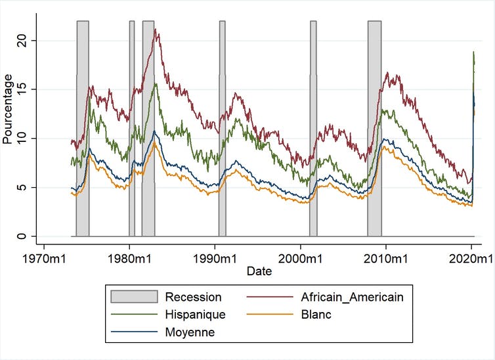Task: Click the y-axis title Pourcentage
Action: (x=7, y=109)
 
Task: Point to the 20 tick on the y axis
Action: (x=23, y=41)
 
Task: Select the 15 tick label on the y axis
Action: (x=23, y=89)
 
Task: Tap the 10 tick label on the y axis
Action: (x=23, y=138)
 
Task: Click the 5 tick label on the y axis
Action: (x=23, y=187)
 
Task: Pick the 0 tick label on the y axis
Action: (x=23, y=236)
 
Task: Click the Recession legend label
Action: (x=193, y=297)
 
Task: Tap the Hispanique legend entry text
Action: (x=195, y=315)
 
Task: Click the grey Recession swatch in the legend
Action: (x=135, y=297)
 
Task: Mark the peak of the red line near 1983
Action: (x=155, y=29)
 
